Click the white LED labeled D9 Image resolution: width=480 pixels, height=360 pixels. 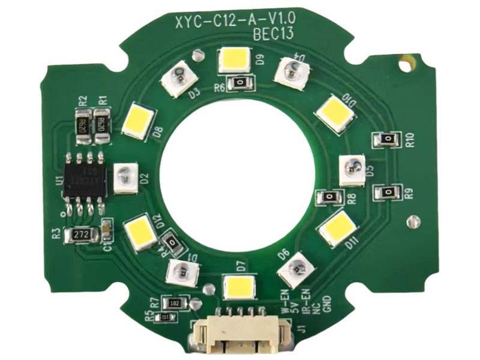(235, 59)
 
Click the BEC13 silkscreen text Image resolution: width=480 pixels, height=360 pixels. (273, 34)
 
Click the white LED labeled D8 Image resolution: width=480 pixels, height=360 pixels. (139, 121)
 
